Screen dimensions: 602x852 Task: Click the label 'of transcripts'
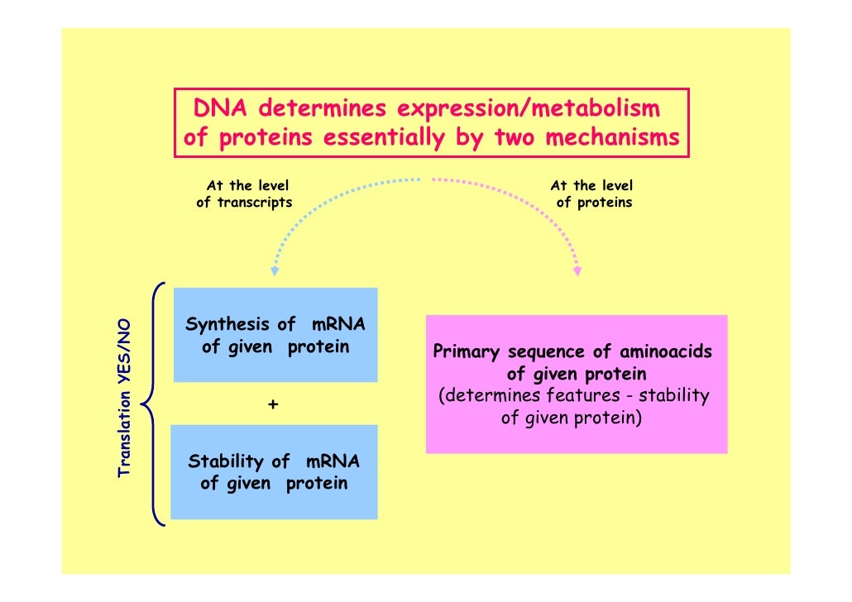pyautogui.click(x=244, y=203)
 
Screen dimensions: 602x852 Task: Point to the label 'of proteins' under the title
pyautogui.click(x=594, y=203)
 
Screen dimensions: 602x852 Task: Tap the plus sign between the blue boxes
pyautogui.click(x=274, y=404)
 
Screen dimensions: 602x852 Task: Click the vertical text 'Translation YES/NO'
pyautogui.click(x=126, y=398)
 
